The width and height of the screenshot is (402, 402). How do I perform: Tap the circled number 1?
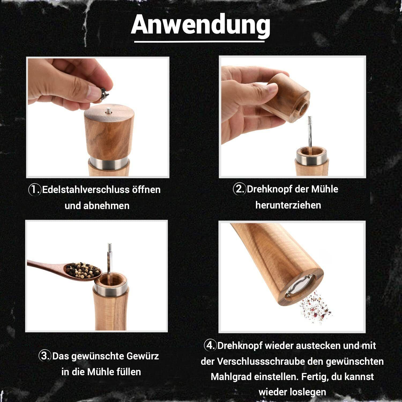[x=35, y=189]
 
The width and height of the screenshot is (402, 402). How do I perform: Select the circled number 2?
[x=239, y=189]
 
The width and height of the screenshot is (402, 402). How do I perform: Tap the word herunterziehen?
[x=288, y=205]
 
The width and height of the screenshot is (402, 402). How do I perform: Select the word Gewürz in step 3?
[x=143, y=356]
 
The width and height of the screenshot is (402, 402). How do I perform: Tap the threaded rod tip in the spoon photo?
[x=109, y=246]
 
